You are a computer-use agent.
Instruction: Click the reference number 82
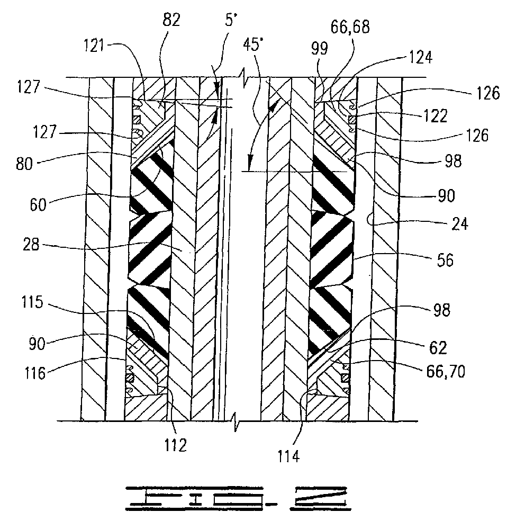pos(171,20)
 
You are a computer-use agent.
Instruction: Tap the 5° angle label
pos(231,20)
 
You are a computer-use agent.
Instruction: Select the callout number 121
pos(94,45)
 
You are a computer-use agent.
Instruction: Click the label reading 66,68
pos(350,27)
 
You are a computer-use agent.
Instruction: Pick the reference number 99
pos(320,48)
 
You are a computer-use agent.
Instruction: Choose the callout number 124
pos(421,57)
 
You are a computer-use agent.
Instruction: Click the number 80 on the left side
pos(24,164)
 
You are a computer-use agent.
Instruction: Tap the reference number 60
pos(38,204)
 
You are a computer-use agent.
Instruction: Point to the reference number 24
pos(459,223)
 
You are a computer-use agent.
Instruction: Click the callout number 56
pos(445,259)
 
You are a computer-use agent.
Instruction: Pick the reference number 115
pos(32,302)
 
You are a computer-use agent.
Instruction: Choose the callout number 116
pos(35,373)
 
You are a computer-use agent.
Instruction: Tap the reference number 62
pos(438,347)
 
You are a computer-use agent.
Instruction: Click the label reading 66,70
pos(446,371)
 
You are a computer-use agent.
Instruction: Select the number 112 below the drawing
pos(176,445)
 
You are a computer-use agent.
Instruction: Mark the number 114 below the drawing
pos(288,456)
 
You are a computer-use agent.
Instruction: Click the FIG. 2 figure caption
pos(238,498)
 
